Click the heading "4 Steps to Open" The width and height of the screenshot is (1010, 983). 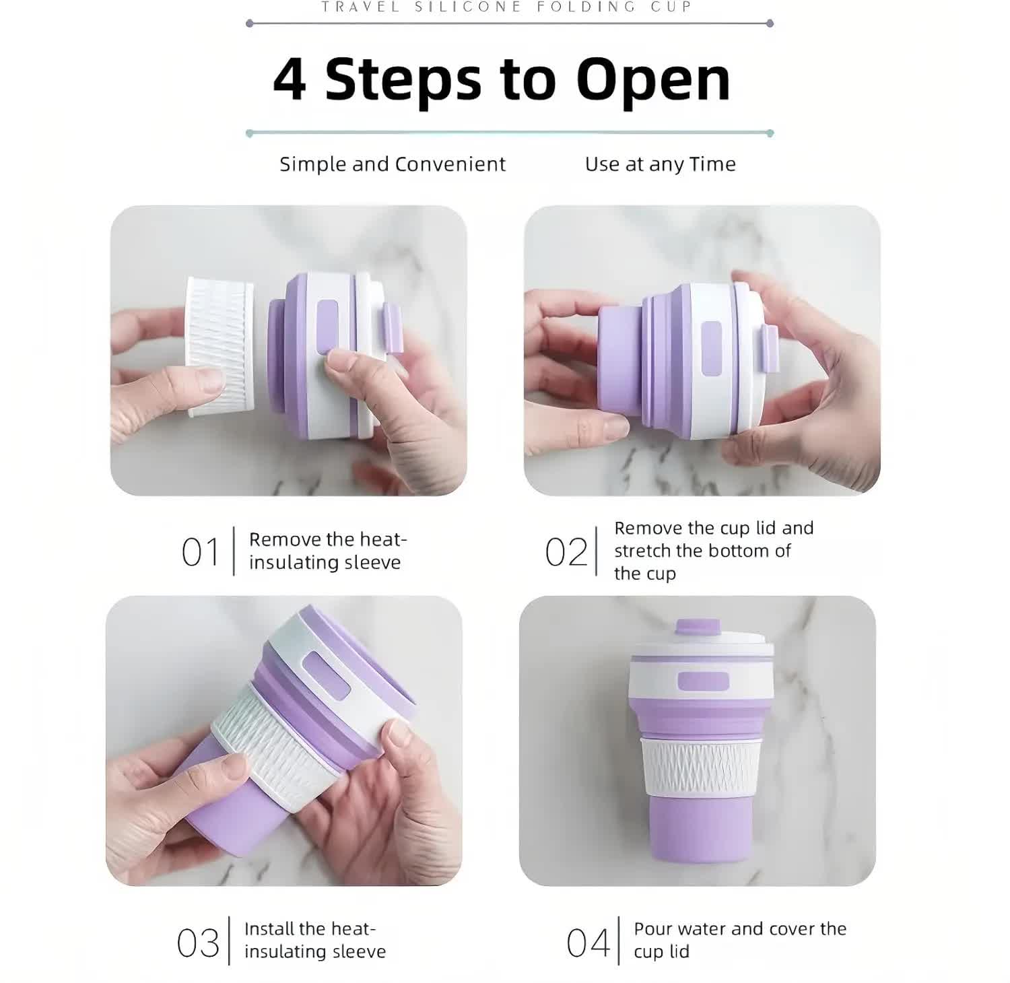(502, 79)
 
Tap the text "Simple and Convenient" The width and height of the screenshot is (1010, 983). (393, 164)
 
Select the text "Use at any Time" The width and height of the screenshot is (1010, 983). (660, 164)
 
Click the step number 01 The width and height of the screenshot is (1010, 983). (201, 553)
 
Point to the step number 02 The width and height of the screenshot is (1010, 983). (566, 553)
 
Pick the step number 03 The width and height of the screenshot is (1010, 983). (198, 943)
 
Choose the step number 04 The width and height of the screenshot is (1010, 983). (588, 943)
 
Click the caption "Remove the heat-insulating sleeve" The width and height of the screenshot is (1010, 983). (327, 551)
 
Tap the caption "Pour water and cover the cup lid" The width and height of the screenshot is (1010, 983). (739, 940)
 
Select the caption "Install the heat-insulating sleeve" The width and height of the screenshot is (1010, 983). (314, 940)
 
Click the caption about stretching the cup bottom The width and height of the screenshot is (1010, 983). (713, 551)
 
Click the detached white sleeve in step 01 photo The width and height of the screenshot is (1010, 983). (220, 346)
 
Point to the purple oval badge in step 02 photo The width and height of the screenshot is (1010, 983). (711, 348)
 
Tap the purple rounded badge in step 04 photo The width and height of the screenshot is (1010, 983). (703, 681)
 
